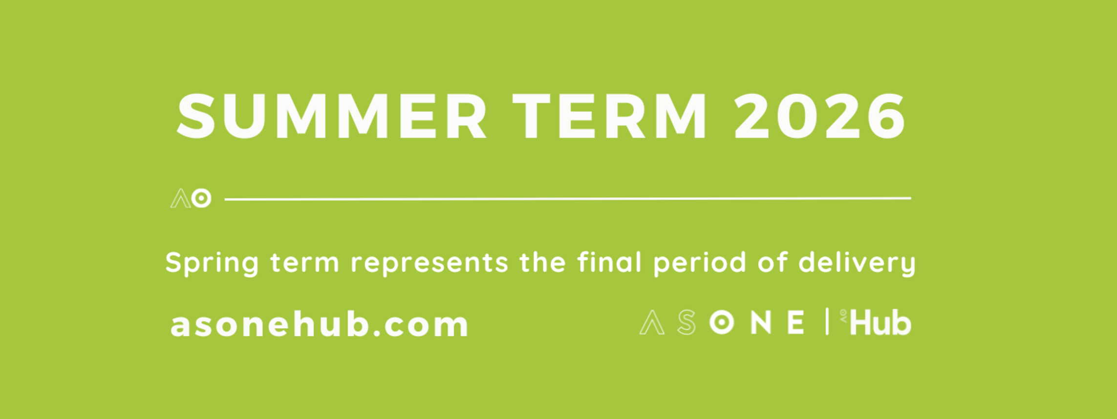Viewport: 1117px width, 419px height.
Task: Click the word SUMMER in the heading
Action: coord(332,116)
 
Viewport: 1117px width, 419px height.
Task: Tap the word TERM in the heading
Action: coord(610,116)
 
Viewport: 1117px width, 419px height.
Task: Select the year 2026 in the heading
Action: coord(820,116)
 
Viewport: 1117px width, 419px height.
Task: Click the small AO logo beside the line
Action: coord(191,198)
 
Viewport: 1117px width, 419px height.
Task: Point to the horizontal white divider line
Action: coord(568,199)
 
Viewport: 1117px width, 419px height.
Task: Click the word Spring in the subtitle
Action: coord(212,264)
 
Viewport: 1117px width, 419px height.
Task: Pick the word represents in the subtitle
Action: coord(430,264)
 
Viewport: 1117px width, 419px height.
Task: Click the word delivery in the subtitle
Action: coord(857,264)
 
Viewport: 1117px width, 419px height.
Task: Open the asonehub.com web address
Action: coord(320,324)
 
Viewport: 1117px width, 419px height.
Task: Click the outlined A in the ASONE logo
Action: coord(652,322)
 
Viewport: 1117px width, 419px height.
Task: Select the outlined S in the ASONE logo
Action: coord(687,322)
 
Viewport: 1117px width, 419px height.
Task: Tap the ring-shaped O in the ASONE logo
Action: coord(722,322)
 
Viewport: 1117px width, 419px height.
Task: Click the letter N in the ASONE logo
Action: coord(761,322)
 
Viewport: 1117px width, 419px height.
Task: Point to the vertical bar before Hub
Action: coord(827,321)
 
